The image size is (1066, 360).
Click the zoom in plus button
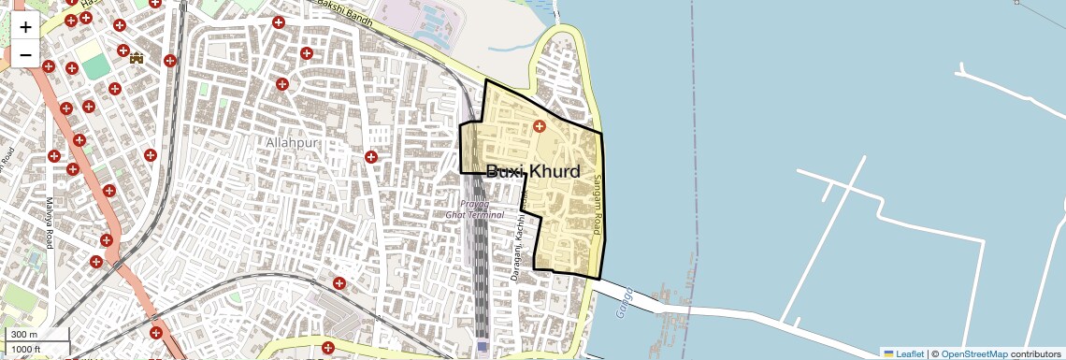click(25, 28)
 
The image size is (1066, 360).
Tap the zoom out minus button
click(25, 54)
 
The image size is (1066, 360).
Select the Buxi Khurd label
click(533, 172)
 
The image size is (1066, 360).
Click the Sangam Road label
click(600, 201)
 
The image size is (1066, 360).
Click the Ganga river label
click(625, 303)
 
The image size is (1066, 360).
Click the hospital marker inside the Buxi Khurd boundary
click(539, 126)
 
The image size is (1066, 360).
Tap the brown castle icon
click(137, 58)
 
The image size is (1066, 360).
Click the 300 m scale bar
click(35, 335)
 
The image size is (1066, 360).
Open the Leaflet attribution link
click(909, 353)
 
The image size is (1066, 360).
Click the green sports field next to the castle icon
click(94, 66)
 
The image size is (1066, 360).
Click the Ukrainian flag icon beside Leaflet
click(889, 353)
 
